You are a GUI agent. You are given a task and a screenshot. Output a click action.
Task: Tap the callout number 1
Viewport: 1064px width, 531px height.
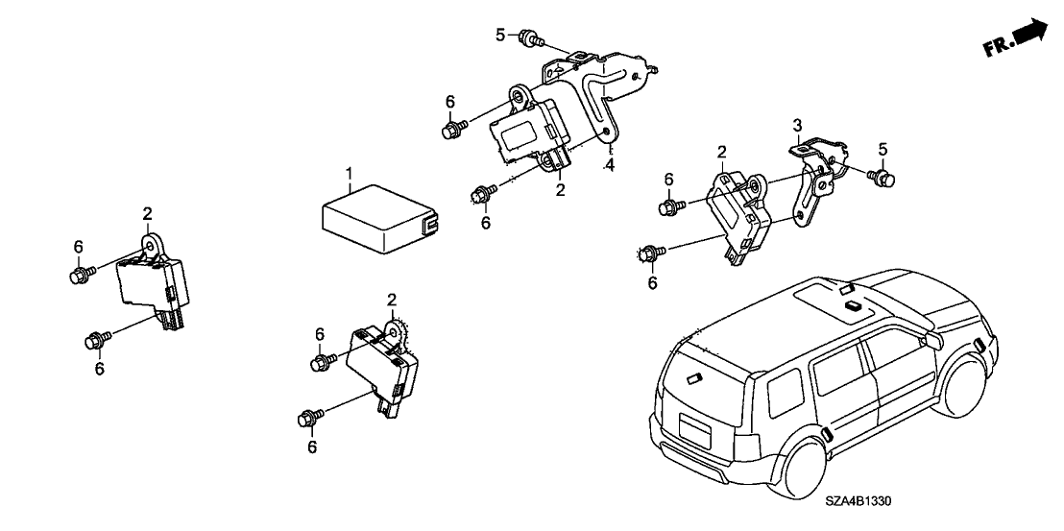click(351, 174)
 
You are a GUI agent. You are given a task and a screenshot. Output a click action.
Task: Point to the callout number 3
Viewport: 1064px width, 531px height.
click(796, 126)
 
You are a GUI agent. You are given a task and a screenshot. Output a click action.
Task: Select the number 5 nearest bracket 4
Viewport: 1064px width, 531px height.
click(499, 35)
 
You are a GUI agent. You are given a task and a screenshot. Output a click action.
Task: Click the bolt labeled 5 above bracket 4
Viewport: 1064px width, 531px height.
click(528, 39)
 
